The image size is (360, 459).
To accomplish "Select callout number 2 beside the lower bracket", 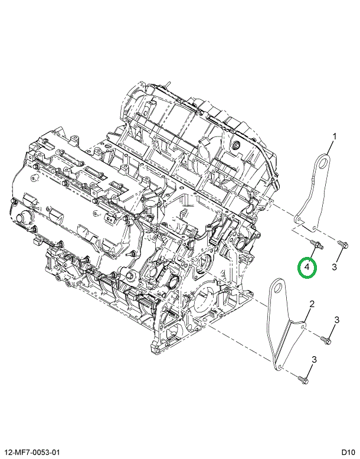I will coord(312,304).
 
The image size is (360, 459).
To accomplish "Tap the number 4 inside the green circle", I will coord(307,267).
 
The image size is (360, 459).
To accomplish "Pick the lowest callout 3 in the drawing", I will coord(313,360).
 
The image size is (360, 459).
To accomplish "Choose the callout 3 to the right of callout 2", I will coord(337,320).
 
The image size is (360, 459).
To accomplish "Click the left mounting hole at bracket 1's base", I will coord(299,220).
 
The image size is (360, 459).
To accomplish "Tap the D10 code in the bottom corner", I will coord(348,451).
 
